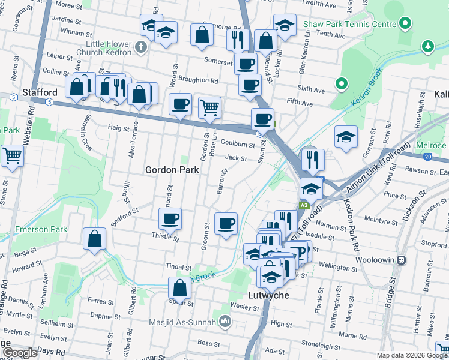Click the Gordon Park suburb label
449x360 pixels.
point(172,170)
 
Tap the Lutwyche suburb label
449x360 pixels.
point(269,296)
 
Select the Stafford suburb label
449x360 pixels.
point(40,92)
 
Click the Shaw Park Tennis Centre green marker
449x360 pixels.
point(405,24)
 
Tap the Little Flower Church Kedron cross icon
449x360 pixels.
point(141,47)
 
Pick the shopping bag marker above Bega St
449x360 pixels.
point(95,238)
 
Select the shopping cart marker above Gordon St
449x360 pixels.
point(209,108)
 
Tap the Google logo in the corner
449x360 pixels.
point(19,353)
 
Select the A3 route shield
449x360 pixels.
point(304,205)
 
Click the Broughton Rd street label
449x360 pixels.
point(198,80)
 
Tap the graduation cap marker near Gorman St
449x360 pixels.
point(346,137)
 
